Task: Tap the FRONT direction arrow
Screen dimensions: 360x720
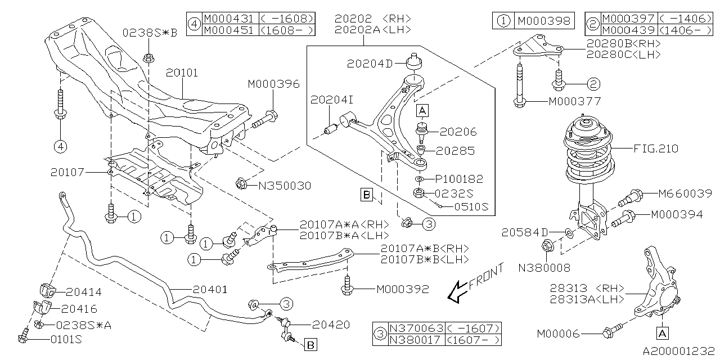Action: click(472, 284)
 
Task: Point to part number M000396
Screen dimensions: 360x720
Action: click(274, 84)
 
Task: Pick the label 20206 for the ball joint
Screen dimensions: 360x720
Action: click(458, 132)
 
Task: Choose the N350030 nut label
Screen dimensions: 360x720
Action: click(285, 185)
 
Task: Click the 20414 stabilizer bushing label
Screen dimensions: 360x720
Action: click(84, 292)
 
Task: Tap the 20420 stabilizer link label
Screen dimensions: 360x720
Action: click(331, 325)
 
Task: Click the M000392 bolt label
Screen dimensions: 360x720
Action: click(402, 290)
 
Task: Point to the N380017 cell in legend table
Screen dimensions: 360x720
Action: click(416, 340)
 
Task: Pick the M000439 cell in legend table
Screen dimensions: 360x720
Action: click(628, 30)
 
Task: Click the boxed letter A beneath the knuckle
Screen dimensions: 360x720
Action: click(662, 333)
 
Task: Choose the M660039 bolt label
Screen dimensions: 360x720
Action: click(685, 193)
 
